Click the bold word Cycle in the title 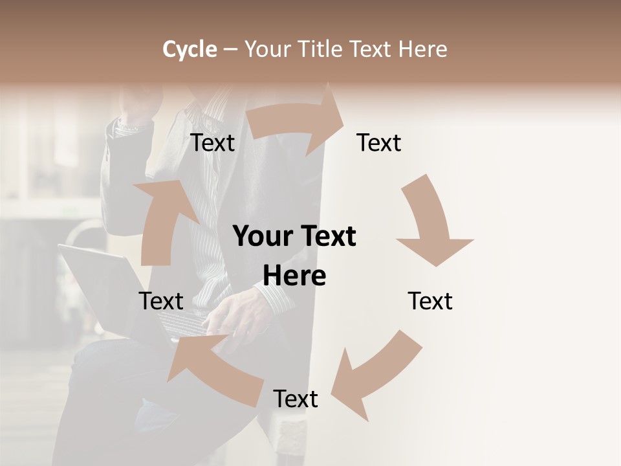190,49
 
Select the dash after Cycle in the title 230,49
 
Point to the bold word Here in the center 294,276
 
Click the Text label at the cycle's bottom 296,399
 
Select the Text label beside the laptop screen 161,301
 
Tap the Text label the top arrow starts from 213,142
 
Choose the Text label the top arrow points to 379,142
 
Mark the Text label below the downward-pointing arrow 430,301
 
